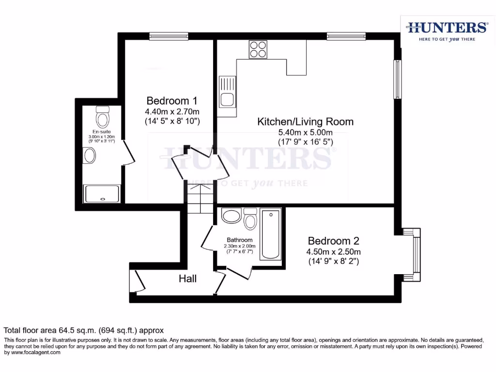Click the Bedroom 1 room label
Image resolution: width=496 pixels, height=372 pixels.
click(172, 101)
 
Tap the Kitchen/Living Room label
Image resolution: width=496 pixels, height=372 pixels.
click(305, 122)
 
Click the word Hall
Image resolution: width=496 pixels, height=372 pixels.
click(188, 279)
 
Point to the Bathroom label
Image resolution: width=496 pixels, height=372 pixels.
click(240, 240)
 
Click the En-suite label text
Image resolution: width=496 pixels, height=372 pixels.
click(102, 132)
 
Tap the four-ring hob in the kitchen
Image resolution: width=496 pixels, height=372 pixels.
click(258, 49)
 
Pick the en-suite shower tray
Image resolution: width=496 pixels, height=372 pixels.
click(102, 194)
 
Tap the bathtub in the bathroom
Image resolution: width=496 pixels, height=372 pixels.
click(270, 234)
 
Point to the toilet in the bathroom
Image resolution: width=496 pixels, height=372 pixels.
click(250, 219)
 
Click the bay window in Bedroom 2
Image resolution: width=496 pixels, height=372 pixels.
click(414, 254)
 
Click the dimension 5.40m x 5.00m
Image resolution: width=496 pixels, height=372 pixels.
click(305, 132)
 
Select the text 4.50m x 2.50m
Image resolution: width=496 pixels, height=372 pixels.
click(333, 252)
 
